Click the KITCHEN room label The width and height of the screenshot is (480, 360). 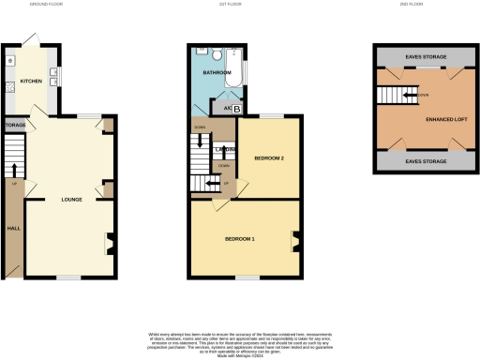click(31, 81)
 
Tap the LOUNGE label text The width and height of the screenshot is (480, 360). click(72, 200)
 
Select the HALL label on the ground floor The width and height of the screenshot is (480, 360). click(13, 228)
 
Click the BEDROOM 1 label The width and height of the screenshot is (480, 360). click(239, 239)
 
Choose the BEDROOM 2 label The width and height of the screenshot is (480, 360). click(269, 158)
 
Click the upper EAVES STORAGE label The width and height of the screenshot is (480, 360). click(426, 57)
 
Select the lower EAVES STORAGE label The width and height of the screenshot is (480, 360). click(426, 160)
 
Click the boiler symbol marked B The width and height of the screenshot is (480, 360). click(235, 110)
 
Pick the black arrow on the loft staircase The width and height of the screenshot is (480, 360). click(410, 95)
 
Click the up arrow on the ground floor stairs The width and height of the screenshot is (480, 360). click(14, 169)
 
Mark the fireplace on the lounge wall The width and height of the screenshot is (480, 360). click(109, 244)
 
